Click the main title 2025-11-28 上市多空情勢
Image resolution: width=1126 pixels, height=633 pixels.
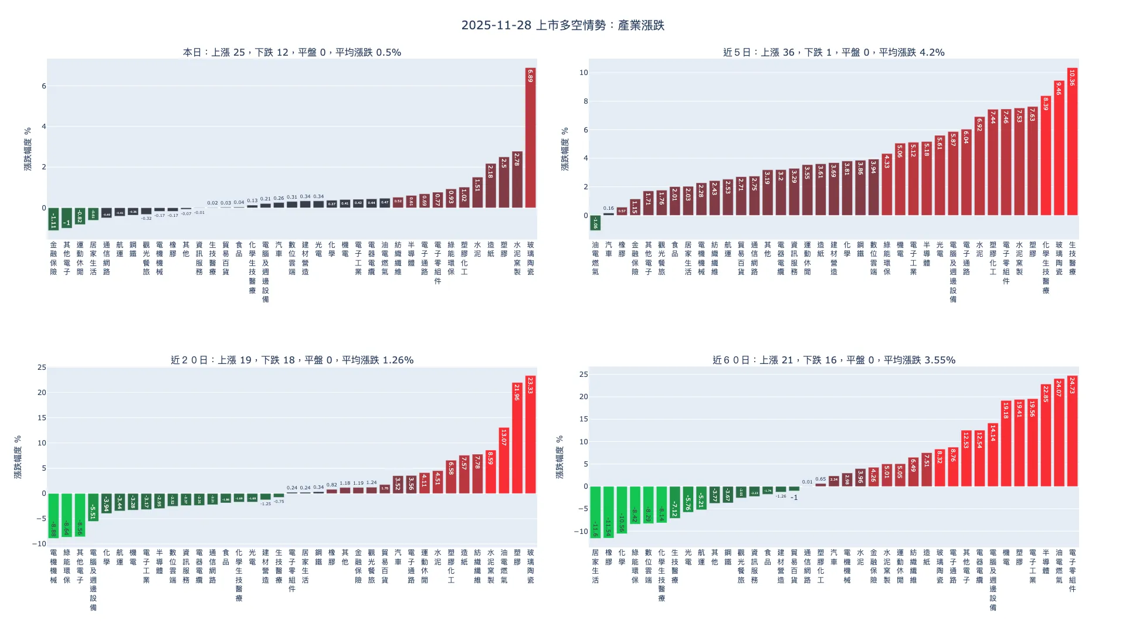(562, 25)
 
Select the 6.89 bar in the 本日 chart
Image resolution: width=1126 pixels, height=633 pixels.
(530, 138)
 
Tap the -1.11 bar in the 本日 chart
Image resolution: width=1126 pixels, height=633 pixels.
(53, 219)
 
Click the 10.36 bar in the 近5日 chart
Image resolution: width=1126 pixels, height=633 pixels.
(1072, 142)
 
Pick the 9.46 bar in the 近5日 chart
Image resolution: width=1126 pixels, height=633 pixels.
(1059, 148)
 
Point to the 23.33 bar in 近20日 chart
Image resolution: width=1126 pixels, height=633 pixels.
(530, 434)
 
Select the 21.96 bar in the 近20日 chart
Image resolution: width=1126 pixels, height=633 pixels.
(517, 438)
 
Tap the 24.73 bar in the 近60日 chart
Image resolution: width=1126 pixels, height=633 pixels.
(1072, 431)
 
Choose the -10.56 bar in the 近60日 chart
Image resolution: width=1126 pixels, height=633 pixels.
(622, 509)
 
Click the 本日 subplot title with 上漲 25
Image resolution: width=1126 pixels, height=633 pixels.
(292, 52)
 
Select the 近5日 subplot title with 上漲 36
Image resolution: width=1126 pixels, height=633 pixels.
(833, 52)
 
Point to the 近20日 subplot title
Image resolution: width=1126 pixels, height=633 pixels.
(292, 360)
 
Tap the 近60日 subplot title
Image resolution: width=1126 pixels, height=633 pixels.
(833, 360)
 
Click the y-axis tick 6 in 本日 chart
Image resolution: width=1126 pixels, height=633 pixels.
(43, 86)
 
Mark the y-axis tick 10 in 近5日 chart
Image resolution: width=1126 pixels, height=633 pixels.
(584, 73)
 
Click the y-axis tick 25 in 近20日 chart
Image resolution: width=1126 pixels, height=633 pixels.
(42, 367)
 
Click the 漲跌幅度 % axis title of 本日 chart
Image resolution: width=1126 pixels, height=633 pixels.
(28, 149)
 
